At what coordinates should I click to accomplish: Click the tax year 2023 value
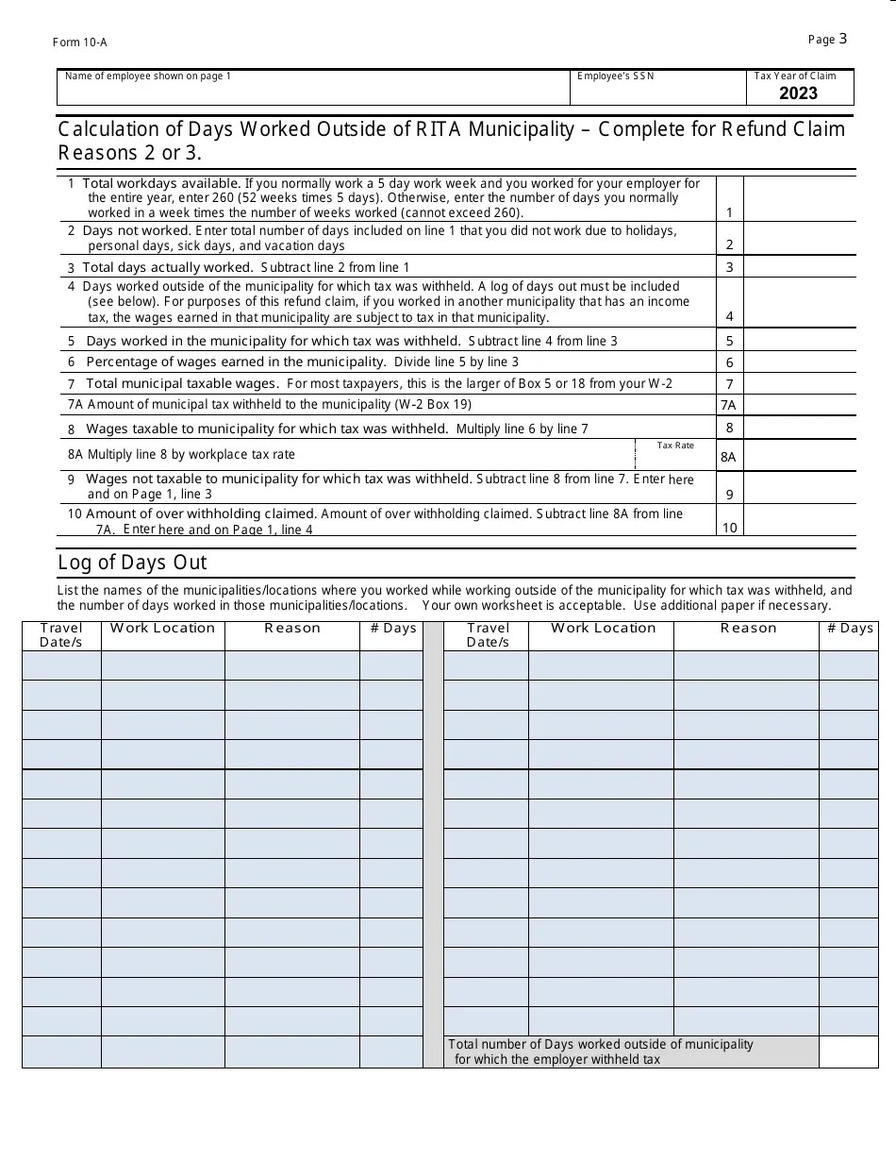tap(798, 93)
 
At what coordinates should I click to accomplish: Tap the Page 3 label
tap(827, 39)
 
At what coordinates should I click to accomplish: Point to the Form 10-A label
tap(79, 42)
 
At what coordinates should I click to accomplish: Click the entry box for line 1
tap(799, 198)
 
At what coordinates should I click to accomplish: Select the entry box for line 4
tap(799, 302)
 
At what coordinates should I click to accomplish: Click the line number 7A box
tap(729, 405)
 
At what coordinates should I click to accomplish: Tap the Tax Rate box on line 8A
tap(675, 458)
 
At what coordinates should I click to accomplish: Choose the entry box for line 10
tap(799, 520)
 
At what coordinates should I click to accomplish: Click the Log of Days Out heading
tap(132, 563)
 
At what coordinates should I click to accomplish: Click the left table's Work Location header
tap(162, 629)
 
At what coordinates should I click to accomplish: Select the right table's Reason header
tap(748, 629)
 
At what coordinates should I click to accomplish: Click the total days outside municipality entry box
tap(848, 1052)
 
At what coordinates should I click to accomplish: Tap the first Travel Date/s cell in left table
tap(61, 665)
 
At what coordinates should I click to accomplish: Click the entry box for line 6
tap(799, 362)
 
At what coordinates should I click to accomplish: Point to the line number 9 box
tap(729, 494)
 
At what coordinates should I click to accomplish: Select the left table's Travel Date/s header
tap(61, 635)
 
